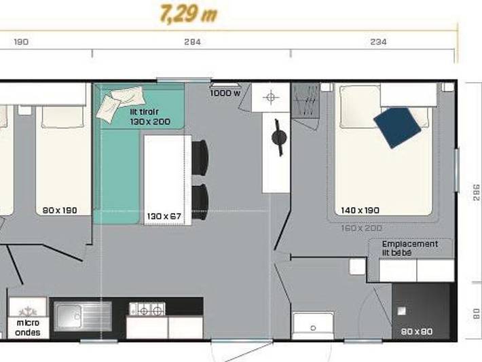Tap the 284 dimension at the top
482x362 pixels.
coord(192,42)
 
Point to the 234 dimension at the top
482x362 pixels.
coord(379,42)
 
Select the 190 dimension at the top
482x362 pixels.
coord(21,42)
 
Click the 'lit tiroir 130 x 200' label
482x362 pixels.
coord(150,117)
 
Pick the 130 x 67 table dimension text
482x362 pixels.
coord(164,217)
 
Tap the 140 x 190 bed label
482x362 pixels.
coord(360,210)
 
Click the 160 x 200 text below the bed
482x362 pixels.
coord(362,228)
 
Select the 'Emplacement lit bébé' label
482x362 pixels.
coord(409,248)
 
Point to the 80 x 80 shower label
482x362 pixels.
coord(416,331)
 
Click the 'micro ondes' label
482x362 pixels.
coord(28,328)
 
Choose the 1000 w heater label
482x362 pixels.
coord(225,94)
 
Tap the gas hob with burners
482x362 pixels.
coord(147,310)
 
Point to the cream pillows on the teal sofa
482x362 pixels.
coord(122,102)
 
